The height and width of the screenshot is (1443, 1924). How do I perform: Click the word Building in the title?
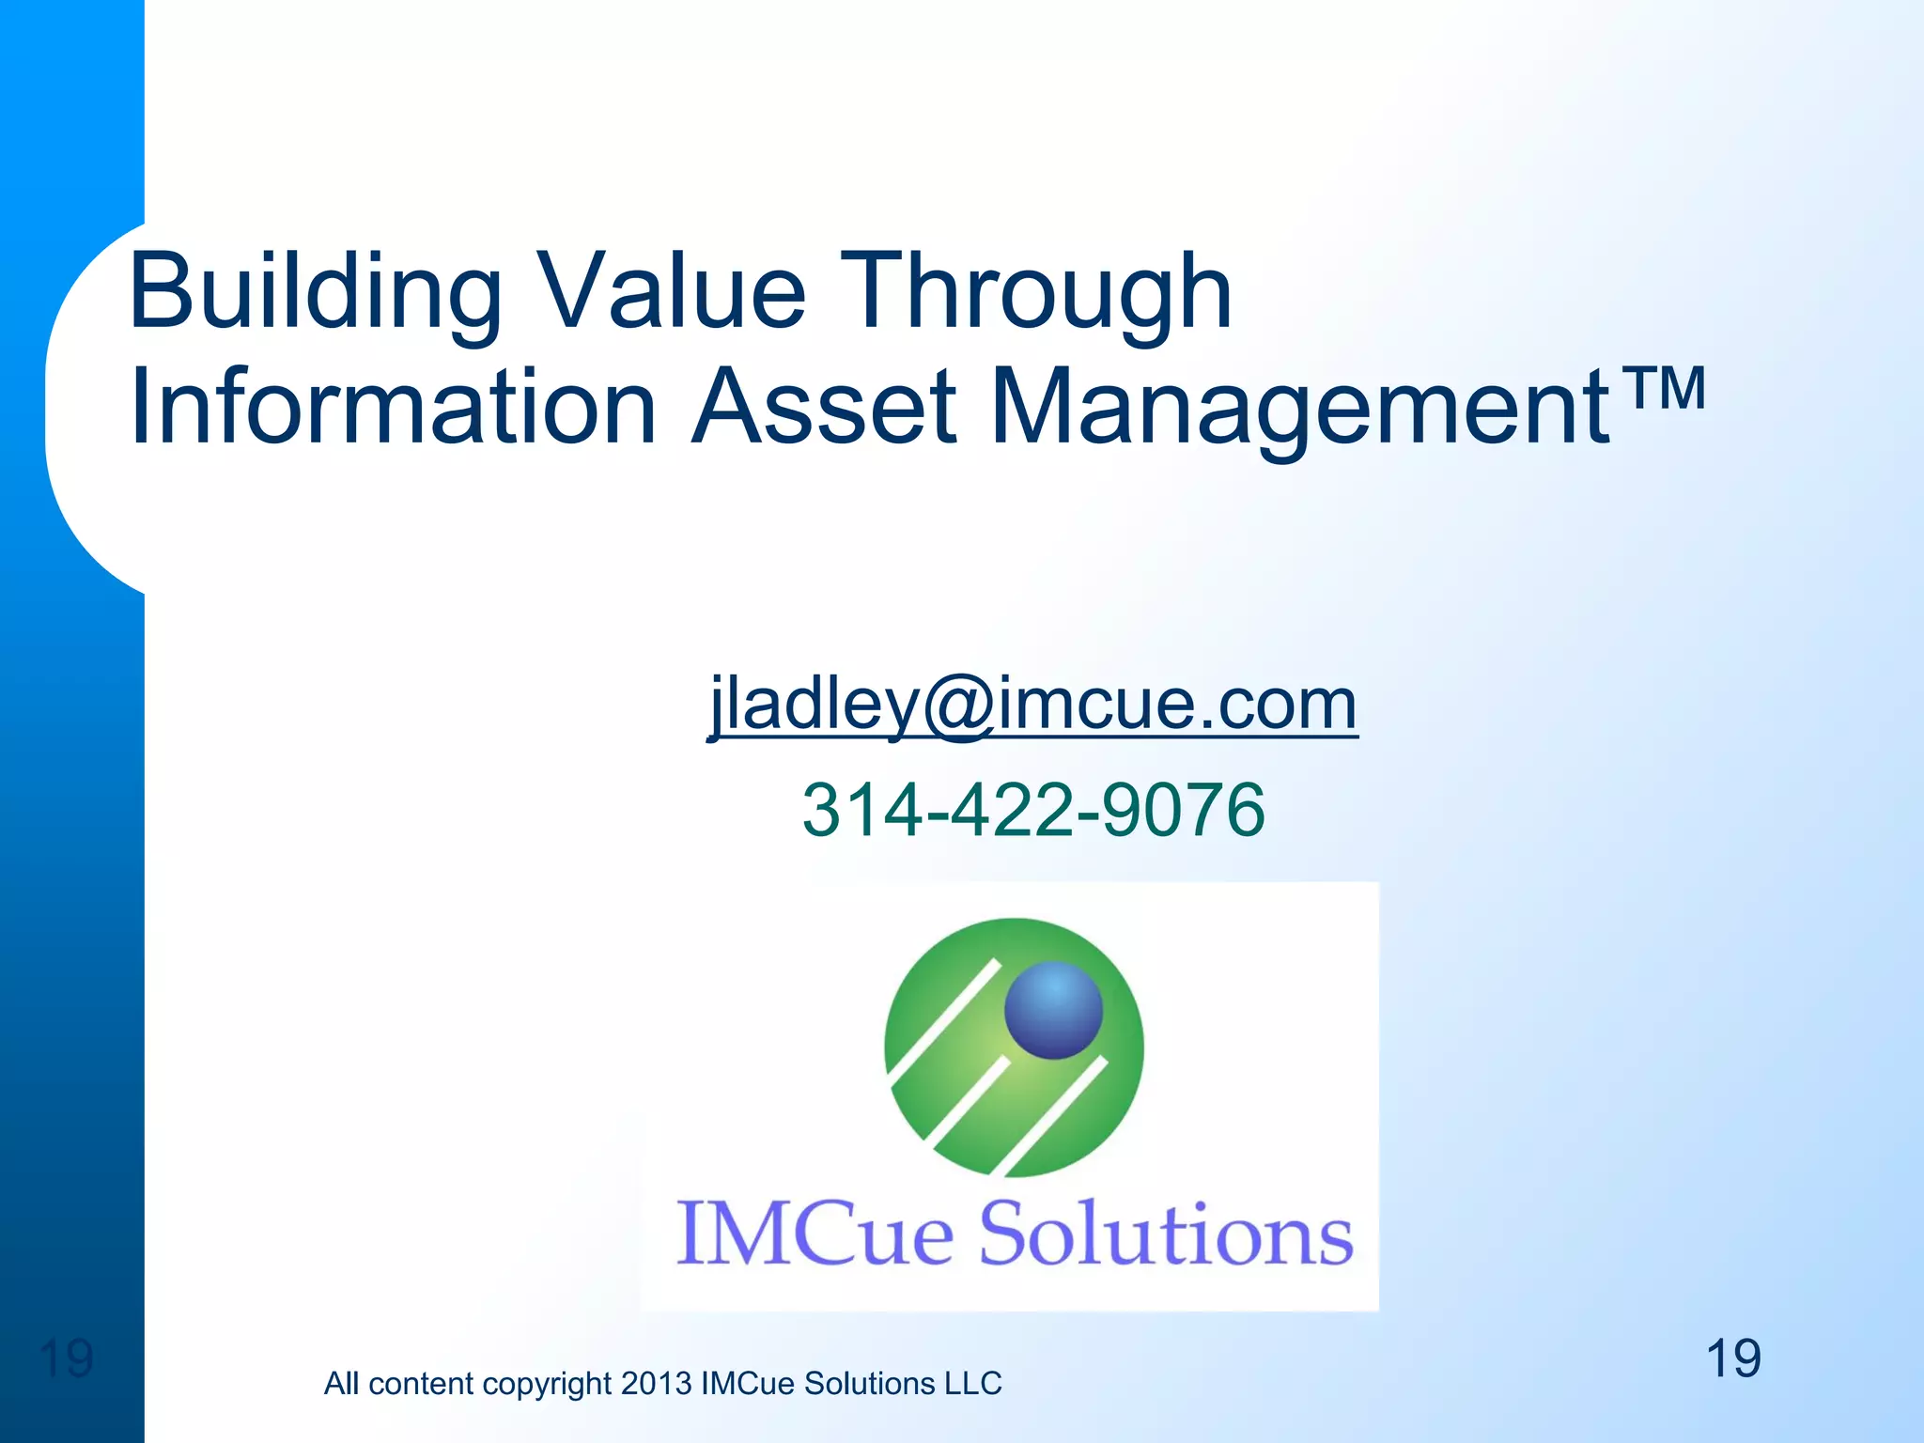(x=316, y=293)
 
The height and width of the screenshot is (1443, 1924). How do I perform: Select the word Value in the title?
(x=671, y=293)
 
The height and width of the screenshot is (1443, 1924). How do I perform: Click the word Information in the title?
(x=393, y=409)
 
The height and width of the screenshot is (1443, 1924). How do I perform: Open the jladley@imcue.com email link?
(x=1032, y=705)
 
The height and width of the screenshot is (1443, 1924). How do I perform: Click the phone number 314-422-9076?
(x=1032, y=810)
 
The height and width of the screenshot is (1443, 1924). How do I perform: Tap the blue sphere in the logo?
(x=1053, y=1010)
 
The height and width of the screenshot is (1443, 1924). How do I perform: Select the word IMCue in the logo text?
(x=815, y=1234)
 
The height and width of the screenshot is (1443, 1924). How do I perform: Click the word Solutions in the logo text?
(x=1165, y=1234)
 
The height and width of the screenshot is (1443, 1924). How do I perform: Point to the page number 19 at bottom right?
(x=1732, y=1358)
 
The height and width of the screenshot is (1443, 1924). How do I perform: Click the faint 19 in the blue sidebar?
(x=67, y=1358)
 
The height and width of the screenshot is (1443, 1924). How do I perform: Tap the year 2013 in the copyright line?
(x=656, y=1384)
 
